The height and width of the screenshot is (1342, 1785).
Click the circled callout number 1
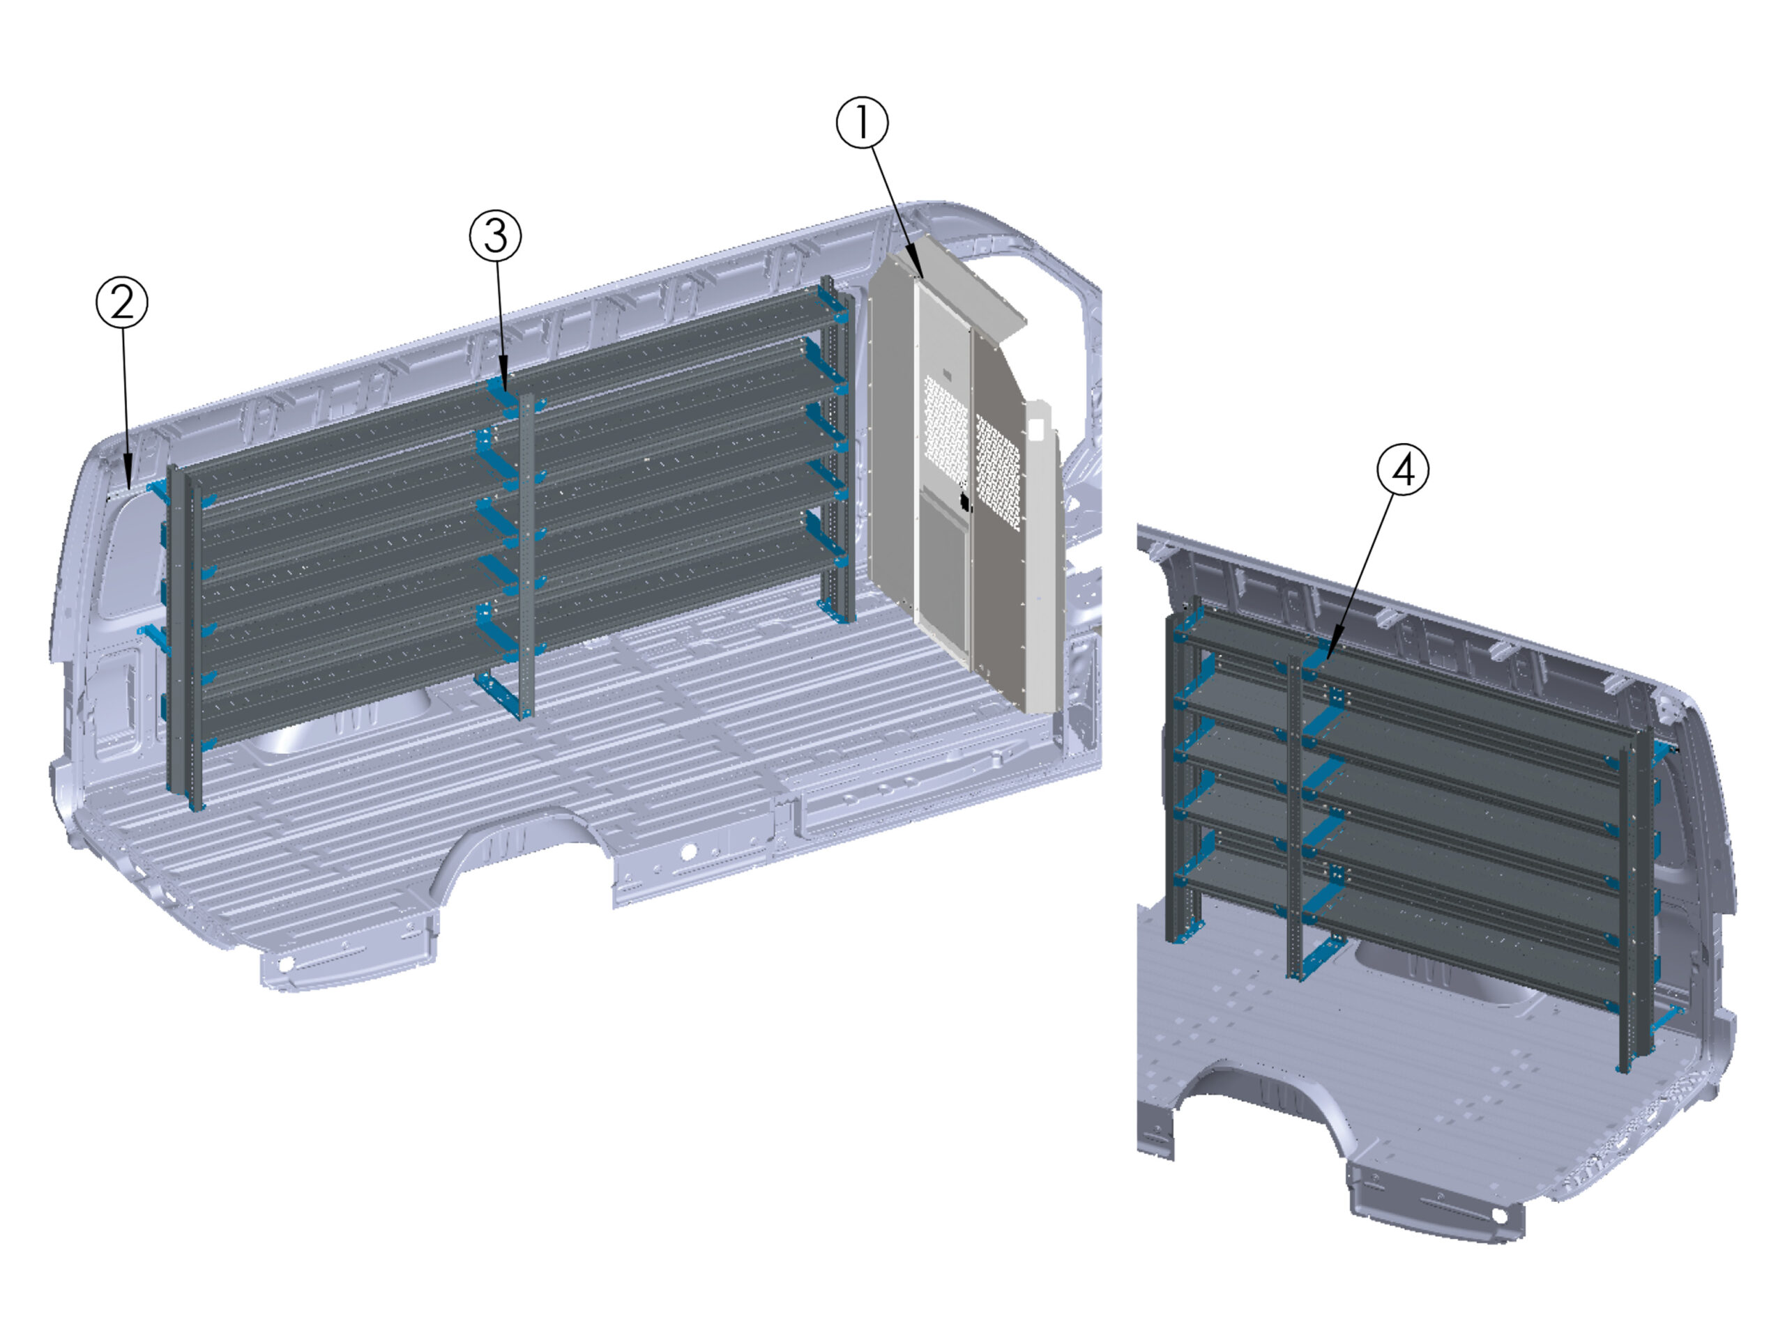[862, 123]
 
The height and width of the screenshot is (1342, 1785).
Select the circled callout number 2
[122, 303]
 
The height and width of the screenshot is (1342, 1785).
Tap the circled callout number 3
[496, 236]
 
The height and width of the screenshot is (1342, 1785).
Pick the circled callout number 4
[1402, 470]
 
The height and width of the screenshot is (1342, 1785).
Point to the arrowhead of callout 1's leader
[921, 277]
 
